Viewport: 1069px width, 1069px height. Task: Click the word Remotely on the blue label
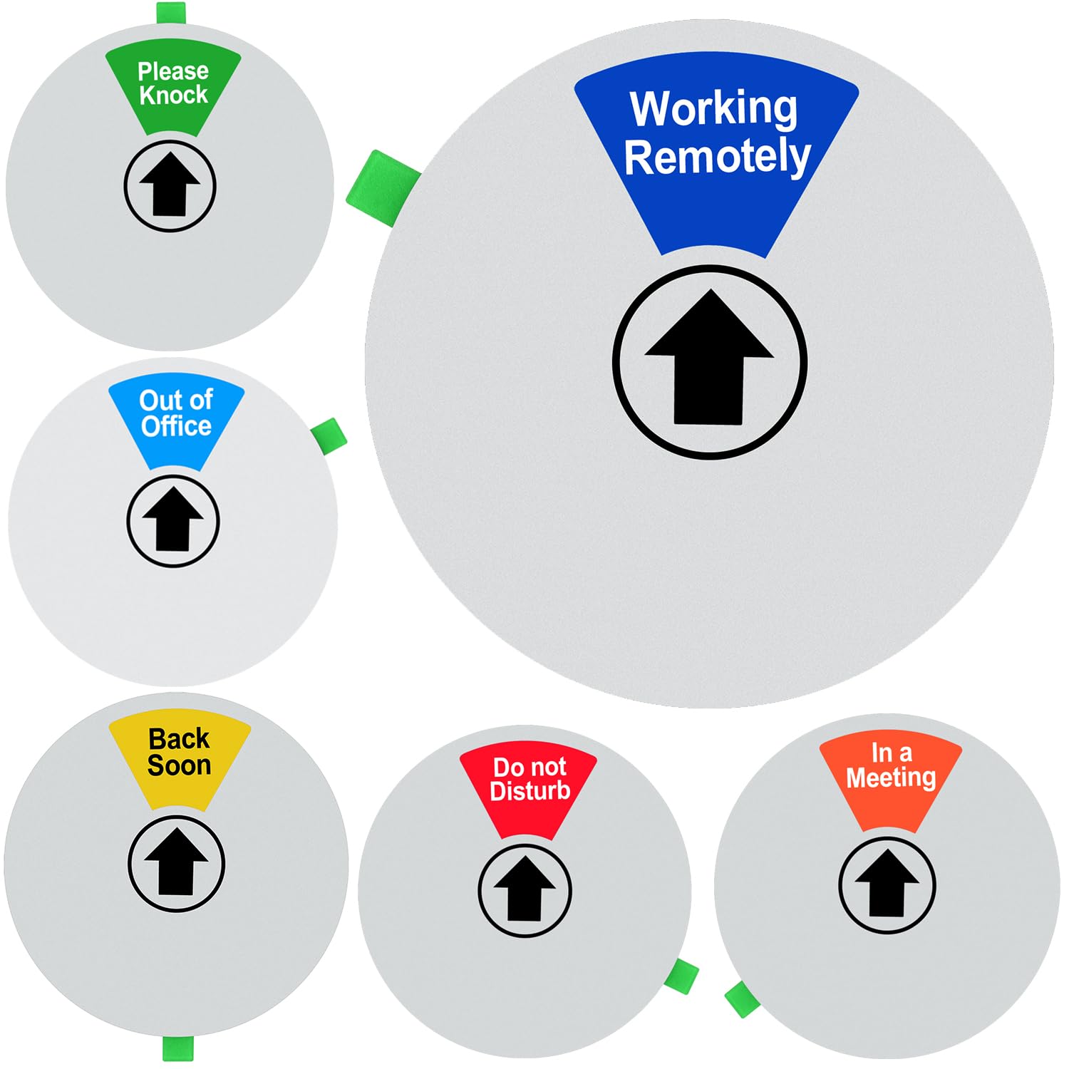(717, 157)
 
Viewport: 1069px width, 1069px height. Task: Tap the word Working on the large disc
(714, 108)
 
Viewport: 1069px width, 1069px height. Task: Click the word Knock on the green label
(173, 94)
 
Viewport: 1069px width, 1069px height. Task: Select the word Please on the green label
(173, 71)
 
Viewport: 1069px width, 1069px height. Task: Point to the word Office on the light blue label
(176, 425)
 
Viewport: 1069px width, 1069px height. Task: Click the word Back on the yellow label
(179, 738)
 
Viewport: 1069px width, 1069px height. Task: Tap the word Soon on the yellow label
(179, 765)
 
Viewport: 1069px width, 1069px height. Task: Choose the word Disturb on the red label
(530, 790)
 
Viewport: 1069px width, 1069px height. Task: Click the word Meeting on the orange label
(891, 777)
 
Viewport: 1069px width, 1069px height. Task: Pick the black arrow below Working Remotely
(709, 358)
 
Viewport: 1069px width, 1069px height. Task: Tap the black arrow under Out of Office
(172, 519)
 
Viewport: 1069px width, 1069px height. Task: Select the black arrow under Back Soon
(176, 862)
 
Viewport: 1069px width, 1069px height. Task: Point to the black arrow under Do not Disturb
(525, 889)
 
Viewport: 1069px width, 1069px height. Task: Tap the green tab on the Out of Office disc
(329, 433)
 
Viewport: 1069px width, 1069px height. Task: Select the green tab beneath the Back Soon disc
(177, 1048)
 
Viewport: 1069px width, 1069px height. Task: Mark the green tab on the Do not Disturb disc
(681, 976)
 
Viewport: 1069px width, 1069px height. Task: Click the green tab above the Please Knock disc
(171, 13)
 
